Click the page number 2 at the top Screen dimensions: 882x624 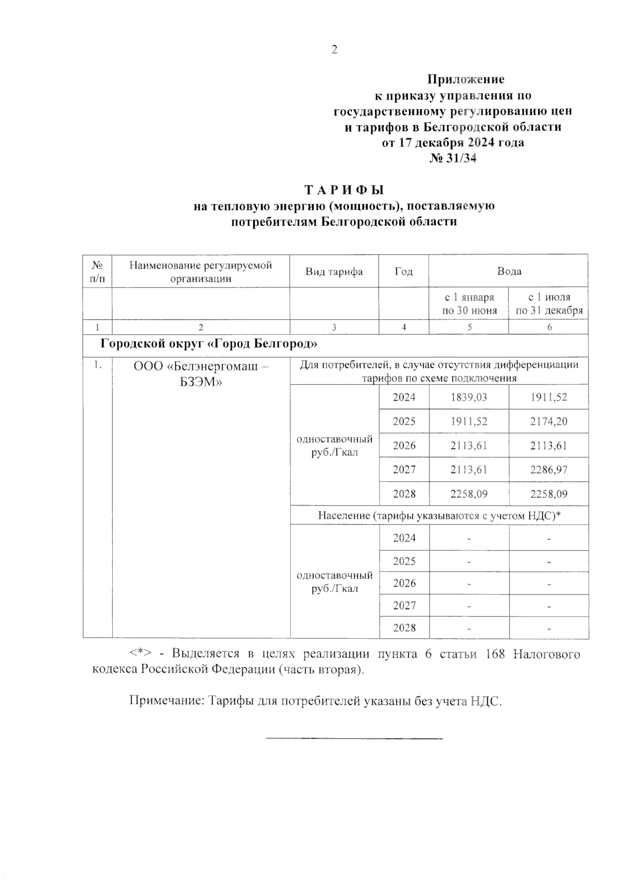[334, 50]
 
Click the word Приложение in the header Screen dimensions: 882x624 [465, 80]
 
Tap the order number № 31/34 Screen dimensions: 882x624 [452, 158]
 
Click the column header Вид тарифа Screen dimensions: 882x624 [334, 271]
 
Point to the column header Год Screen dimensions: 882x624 [404, 271]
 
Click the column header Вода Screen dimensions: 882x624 [509, 271]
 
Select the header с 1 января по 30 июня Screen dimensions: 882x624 [469, 304]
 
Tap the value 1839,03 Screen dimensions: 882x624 [469, 398]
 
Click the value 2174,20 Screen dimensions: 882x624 [549, 422]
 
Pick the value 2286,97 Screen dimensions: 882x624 [549, 470]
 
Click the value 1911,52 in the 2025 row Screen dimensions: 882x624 [469, 422]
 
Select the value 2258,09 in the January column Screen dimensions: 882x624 [469, 494]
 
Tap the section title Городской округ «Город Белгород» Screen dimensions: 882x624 [209, 344]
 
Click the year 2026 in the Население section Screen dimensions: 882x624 [404, 583]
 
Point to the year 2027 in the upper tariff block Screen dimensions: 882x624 [404, 470]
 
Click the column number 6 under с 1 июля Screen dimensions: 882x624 [549, 327]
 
